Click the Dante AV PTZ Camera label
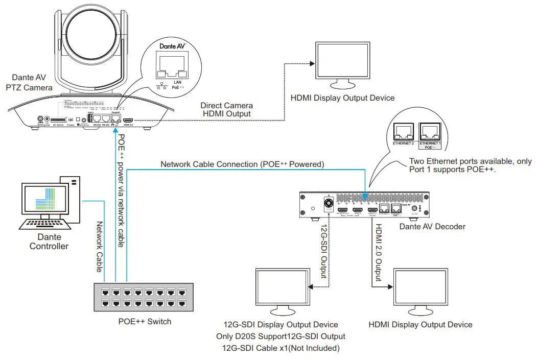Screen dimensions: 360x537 pos(29,83)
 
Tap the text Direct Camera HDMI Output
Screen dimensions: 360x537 pos(226,110)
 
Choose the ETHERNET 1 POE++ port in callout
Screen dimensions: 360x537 pos(430,132)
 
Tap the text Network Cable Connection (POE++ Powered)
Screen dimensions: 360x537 pos(242,164)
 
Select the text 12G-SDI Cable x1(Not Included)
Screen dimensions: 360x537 pos(281,348)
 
